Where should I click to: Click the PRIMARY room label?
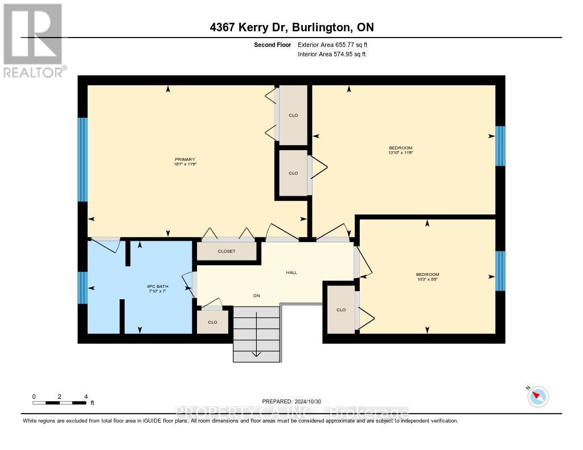[x=185, y=159]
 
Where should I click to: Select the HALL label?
[x=291, y=273]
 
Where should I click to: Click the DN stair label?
[x=257, y=295]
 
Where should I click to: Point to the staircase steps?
[x=257, y=334]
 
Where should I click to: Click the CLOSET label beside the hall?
[x=227, y=251]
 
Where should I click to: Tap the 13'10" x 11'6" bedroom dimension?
[x=400, y=152]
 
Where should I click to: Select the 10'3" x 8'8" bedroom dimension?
[x=427, y=279]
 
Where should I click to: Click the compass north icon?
[x=537, y=397]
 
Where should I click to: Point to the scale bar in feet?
[x=60, y=403]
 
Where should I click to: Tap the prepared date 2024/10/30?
[x=291, y=401]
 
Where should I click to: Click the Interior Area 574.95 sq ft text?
[x=332, y=54]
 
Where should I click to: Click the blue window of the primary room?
[x=83, y=159]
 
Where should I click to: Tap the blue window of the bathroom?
[x=83, y=288]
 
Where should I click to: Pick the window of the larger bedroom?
[x=500, y=146]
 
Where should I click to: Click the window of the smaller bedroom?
[x=500, y=271]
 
